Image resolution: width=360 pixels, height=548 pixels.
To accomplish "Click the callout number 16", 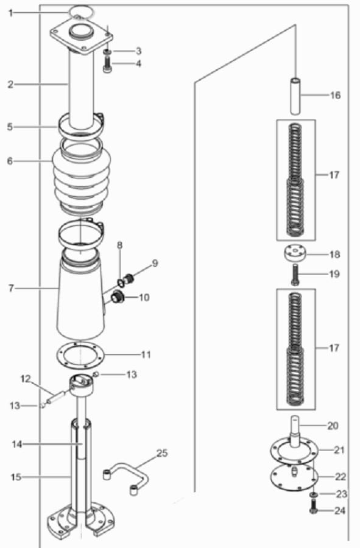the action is point(335,95).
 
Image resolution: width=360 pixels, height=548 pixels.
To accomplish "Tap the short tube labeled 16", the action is point(295,96).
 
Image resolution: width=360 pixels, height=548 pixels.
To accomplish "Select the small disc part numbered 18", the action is point(295,254).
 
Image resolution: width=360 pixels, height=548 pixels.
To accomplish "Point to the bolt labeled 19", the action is point(295,275).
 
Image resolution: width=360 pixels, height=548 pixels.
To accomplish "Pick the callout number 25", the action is point(162,453).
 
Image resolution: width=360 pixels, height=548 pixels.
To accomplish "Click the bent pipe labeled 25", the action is point(127,478).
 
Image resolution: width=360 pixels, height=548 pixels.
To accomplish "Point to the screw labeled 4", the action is point(107,65).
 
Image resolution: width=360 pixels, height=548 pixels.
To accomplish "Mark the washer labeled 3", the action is point(107,51).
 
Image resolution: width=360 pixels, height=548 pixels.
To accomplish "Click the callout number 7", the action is point(11,289).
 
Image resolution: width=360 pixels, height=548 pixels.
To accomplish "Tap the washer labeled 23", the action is point(314,494).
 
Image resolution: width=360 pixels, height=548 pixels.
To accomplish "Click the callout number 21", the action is point(339,450).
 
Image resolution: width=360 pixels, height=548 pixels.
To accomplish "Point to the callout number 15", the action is point(16,477).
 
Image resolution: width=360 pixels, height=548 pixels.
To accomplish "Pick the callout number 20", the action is point(333,426).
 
